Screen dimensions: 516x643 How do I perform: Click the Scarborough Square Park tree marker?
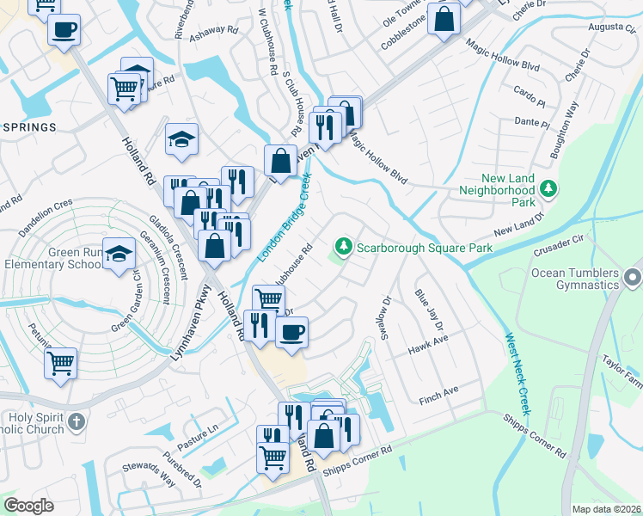point(345,248)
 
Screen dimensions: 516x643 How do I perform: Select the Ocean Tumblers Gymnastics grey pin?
point(634,277)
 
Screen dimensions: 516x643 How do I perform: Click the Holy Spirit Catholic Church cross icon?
point(77,421)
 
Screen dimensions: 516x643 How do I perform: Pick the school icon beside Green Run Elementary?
point(119,253)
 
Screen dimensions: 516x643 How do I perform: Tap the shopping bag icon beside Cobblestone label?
point(444,21)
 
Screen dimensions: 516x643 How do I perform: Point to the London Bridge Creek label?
point(284,218)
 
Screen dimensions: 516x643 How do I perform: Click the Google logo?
point(28,506)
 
